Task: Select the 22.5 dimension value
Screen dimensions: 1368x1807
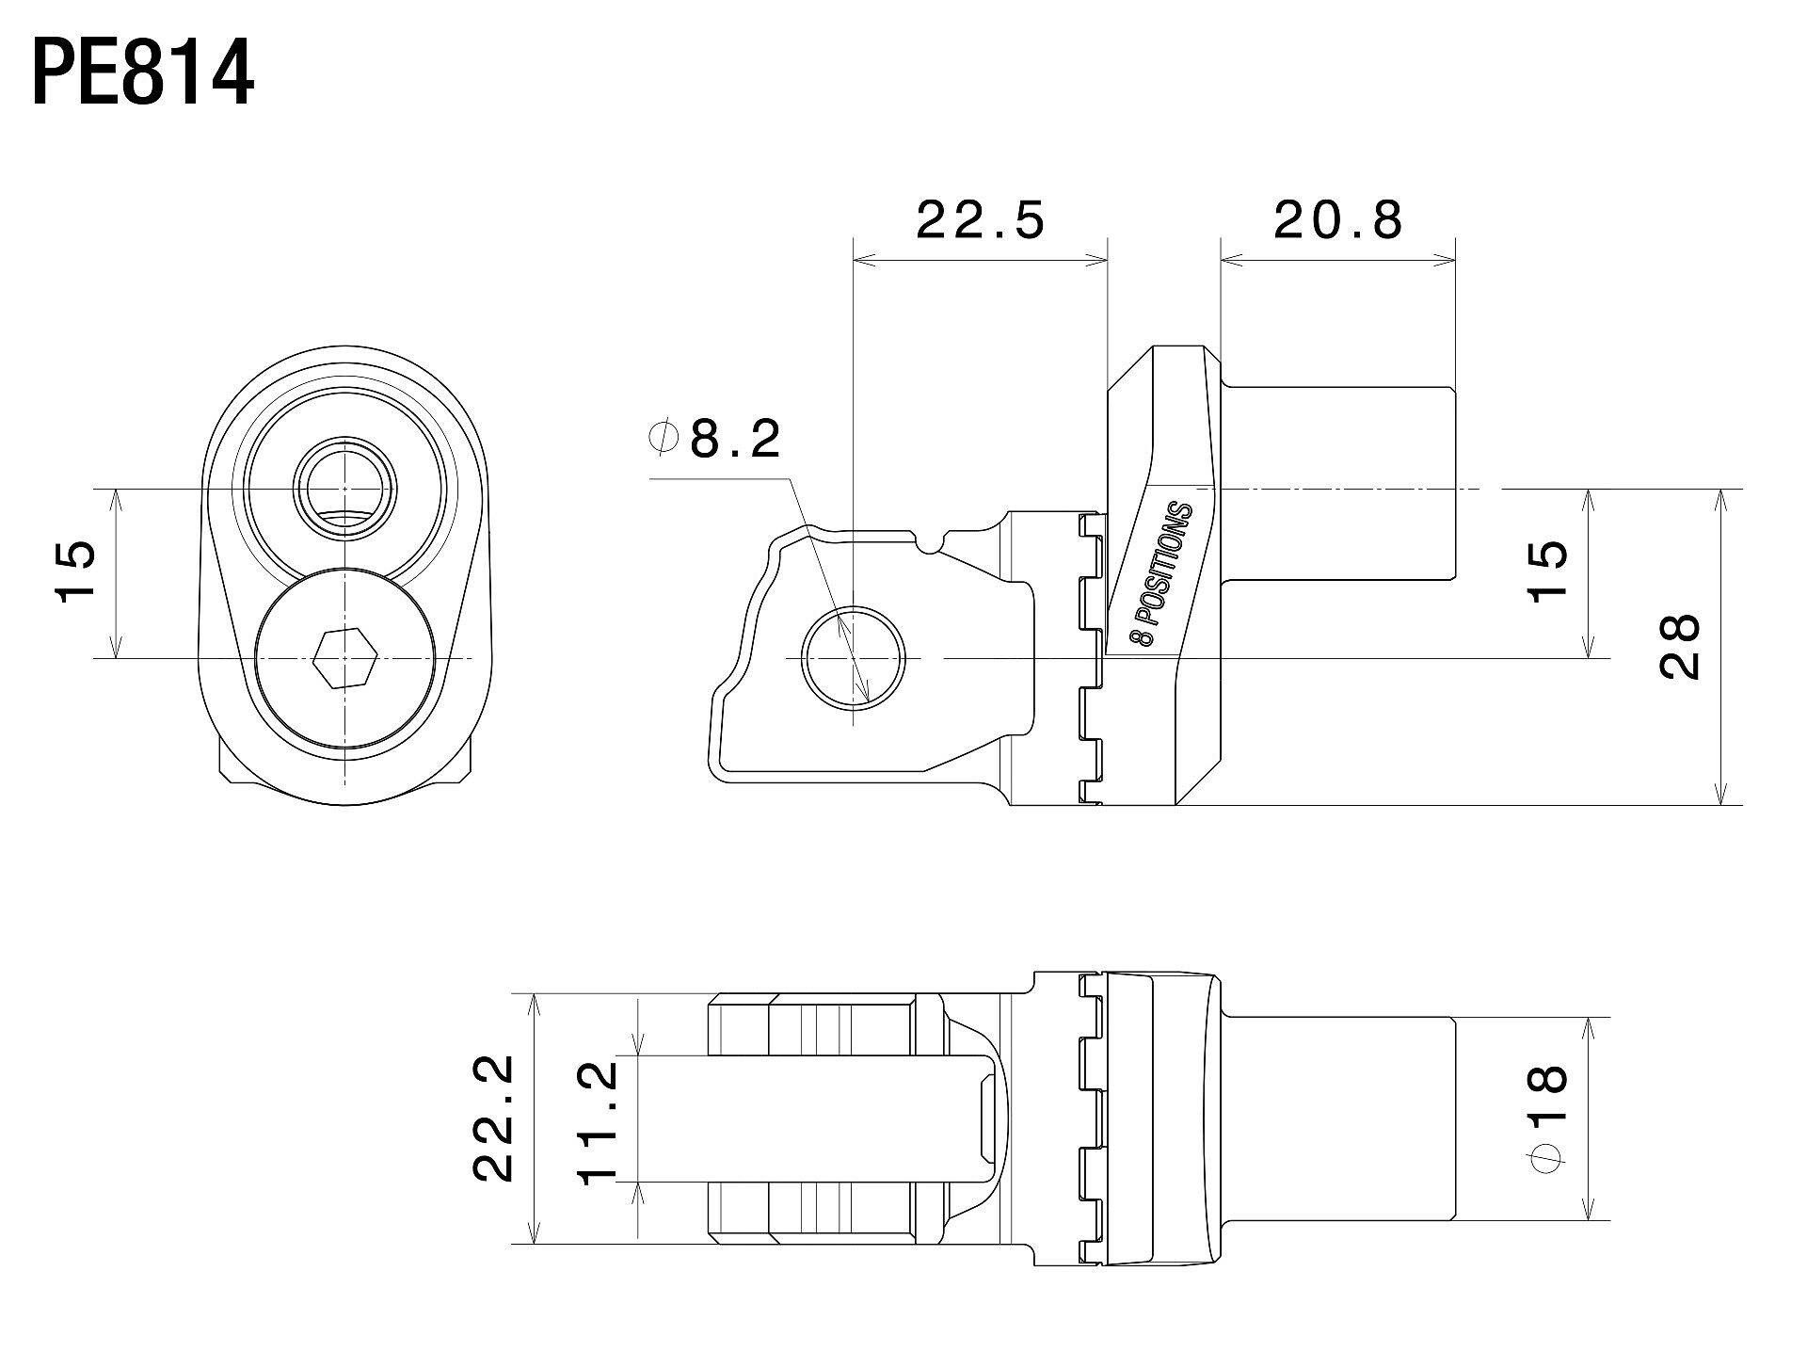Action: pyautogui.click(x=980, y=220)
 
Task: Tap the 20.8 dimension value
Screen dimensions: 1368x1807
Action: pyautogui.click(x=1338, y=220)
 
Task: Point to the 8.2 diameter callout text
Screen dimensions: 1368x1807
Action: pyautogui.click(x=735, y=439)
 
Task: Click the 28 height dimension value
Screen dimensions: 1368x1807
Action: pyautogui.click(x=1681, y=647)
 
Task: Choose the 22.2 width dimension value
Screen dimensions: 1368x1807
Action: pyautogui.click(x=493, y=1118)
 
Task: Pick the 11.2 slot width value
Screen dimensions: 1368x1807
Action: pyautogui.click(x=599, y=1121)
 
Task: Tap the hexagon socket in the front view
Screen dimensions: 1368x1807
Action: pyautogui.click(x=345, y=657)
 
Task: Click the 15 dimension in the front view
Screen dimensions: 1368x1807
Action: pyautogui.click(x=76, y=571)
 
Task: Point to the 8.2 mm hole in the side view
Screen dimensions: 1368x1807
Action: pyautogui.click(x=853, y=657)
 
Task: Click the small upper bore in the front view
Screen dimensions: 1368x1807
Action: pyautogui.click(x=345, y=488)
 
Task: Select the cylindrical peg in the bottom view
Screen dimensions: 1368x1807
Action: pyautogui.click(x=1338, y=1119)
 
